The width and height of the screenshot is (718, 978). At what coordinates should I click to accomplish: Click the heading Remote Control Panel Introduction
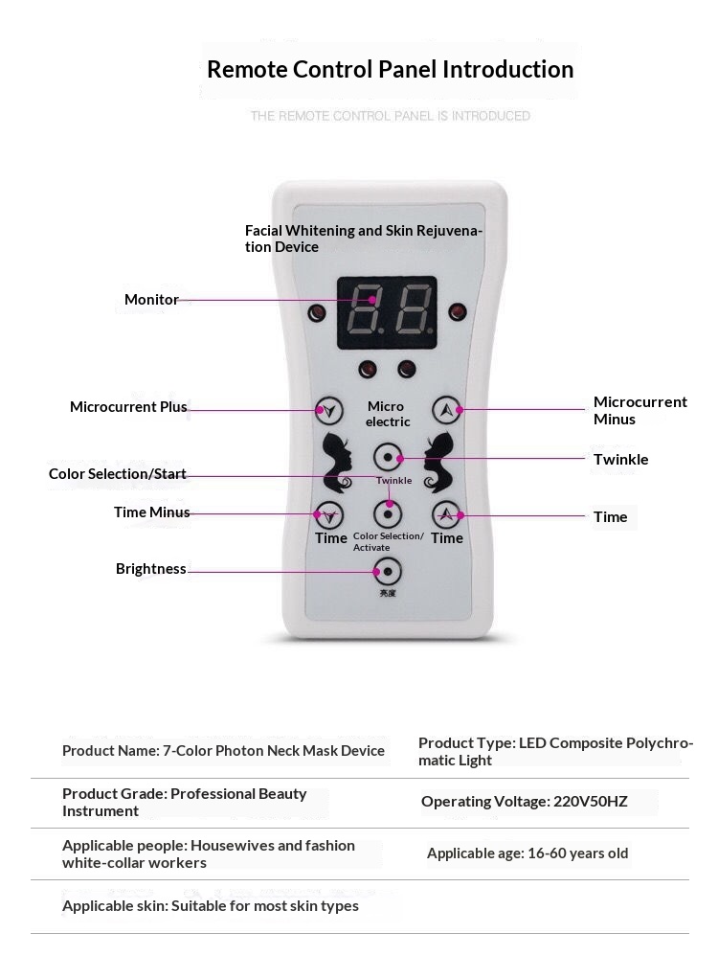pyautogui.click(x=390, y=70)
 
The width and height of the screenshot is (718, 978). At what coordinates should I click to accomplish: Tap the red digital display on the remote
pyautogui.click(x=387, y=311)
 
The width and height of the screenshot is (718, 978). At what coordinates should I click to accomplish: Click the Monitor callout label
pyautogui.click(x=151, y=300)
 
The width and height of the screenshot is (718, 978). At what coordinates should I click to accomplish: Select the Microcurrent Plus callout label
pyautogui.click(x=128, y=407)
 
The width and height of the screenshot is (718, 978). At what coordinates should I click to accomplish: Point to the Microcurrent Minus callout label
pyautogui.click(x=639, y=410)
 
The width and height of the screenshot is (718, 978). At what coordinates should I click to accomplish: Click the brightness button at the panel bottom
pyautogui.click(x=387, y=571)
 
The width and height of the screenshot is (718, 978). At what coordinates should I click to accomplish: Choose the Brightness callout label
pyautogui.click(x=150, y=569)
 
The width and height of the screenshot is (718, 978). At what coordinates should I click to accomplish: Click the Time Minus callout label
pyautogui.click(x=151, y=512)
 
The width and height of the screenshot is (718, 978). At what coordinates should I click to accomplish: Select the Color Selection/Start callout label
pyautogui.click(x=117, y=474)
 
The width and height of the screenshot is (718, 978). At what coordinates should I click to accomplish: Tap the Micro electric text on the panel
pyautogui.click(x=387, y=414)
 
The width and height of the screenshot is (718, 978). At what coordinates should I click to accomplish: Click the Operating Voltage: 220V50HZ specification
pyautogui.click(x=524, y=802)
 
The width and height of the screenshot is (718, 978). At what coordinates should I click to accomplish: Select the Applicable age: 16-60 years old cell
pyautogui.click(x=527, y=853)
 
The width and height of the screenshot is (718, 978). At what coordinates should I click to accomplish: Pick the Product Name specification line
pyautogui.click(x=223, y=751)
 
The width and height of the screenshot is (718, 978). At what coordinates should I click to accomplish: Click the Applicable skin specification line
pyautogui.click(x=211, y=906)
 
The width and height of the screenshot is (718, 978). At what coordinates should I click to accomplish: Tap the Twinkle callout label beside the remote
pyautogui.click(x=620, y=460)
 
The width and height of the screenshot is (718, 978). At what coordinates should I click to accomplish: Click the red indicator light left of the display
pyautogui.click(x=317, y=312)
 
